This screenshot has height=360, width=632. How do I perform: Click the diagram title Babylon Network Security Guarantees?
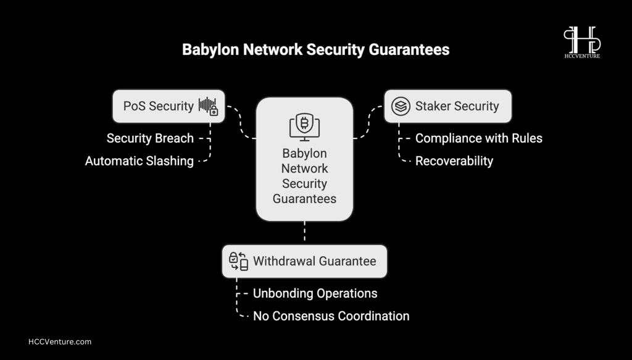click(x=315, y=49)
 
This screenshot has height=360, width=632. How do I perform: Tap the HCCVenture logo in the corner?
click(x=582, y=43)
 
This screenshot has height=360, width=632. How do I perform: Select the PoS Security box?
click(x=168, y=106)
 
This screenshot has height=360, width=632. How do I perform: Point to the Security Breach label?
click(x=150, y=138)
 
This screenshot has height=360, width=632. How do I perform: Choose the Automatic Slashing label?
click(x=139, y=161)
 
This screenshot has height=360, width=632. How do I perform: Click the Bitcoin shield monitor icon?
click(x=304, y=127)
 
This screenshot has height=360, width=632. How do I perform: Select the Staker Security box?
click(x=448, y=106)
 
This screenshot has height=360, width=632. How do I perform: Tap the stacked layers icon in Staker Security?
click(x=401, y=106)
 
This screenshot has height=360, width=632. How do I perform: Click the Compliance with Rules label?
click(x=479, y=138)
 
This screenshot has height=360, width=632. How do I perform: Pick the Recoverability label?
click(x=454, y=161)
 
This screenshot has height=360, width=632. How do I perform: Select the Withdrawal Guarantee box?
click(x=304, y=261)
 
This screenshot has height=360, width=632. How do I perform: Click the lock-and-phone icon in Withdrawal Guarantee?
click(x=238, y=261)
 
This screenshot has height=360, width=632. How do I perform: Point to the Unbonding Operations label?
click(x=315, y=293)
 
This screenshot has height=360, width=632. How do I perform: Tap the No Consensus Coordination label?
click(x=331, y=316)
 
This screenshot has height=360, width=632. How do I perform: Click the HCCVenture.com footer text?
click(x=60, y=342)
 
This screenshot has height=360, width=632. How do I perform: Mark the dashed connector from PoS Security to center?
click(x=241, y=122)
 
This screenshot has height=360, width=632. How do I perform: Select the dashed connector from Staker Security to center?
click(x=368, y=122)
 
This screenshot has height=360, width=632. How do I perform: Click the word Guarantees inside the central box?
click(x=304, y=199)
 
